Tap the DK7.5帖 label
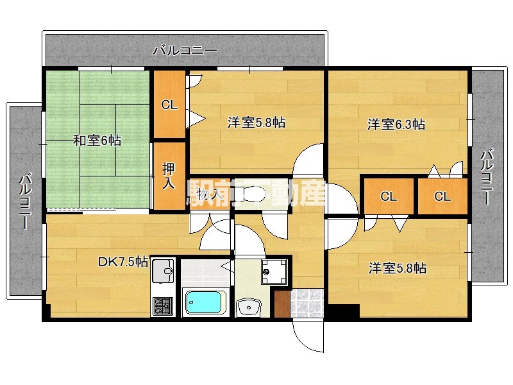[123, 262]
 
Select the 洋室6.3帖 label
[396, 124]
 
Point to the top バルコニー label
[185, 50]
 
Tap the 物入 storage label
[209, 193]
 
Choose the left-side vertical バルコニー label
[24, 201]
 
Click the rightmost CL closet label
[442, 196]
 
